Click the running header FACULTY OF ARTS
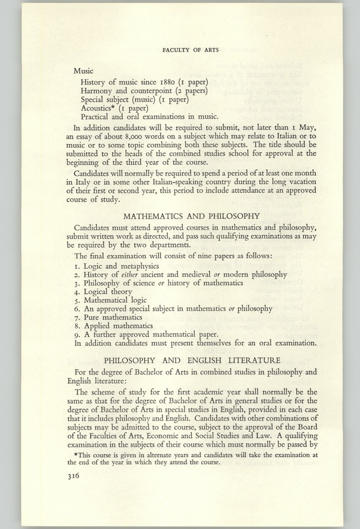click(x=190, y=51)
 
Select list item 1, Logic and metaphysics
click(x=114, y=266)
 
